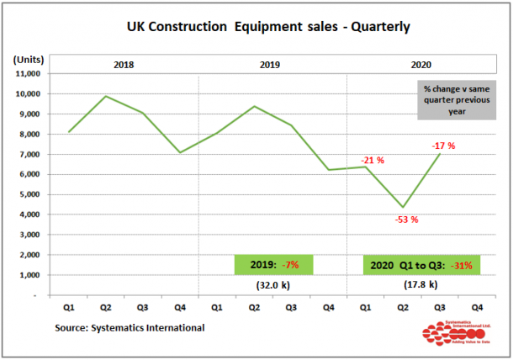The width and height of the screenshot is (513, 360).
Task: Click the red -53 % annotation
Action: pos(405,220)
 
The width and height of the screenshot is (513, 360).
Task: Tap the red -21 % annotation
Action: pos(372,160)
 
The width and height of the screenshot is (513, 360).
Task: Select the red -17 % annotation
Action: pos(443,146)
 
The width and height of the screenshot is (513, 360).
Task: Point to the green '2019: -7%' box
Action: pos(272,265)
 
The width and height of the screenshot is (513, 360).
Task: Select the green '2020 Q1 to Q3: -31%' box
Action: pos(421,265)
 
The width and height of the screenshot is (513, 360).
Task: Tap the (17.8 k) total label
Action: pos(420,286)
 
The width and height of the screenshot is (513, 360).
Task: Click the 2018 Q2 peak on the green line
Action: pos(105,96)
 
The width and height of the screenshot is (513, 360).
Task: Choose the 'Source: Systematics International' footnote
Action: pos(130,327)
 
